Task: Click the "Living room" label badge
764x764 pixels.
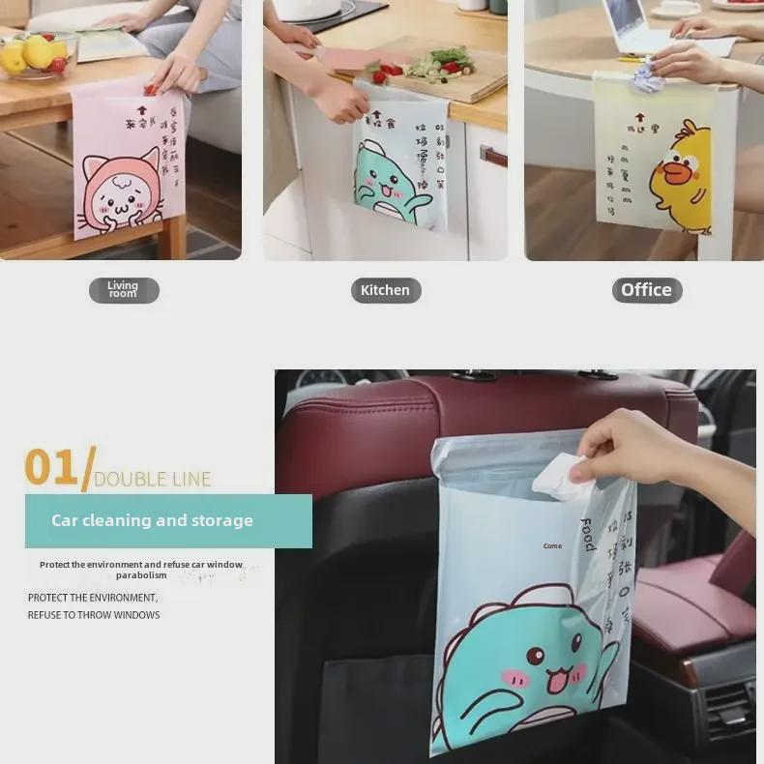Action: click(124, 290)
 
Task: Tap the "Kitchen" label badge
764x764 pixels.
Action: click(385, 290)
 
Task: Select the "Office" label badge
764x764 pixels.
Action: click(646, 290)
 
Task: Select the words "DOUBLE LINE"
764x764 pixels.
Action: click(153, 479)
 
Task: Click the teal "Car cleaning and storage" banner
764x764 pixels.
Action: click(168, 520)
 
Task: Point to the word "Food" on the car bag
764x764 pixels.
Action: click(587, 535)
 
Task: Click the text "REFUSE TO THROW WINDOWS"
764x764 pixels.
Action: click(94, 615)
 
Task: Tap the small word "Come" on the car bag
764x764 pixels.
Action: click(552, 546)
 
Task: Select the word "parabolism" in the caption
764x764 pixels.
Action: click(141, 575)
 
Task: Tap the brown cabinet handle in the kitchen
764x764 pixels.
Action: click(492, 155)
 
